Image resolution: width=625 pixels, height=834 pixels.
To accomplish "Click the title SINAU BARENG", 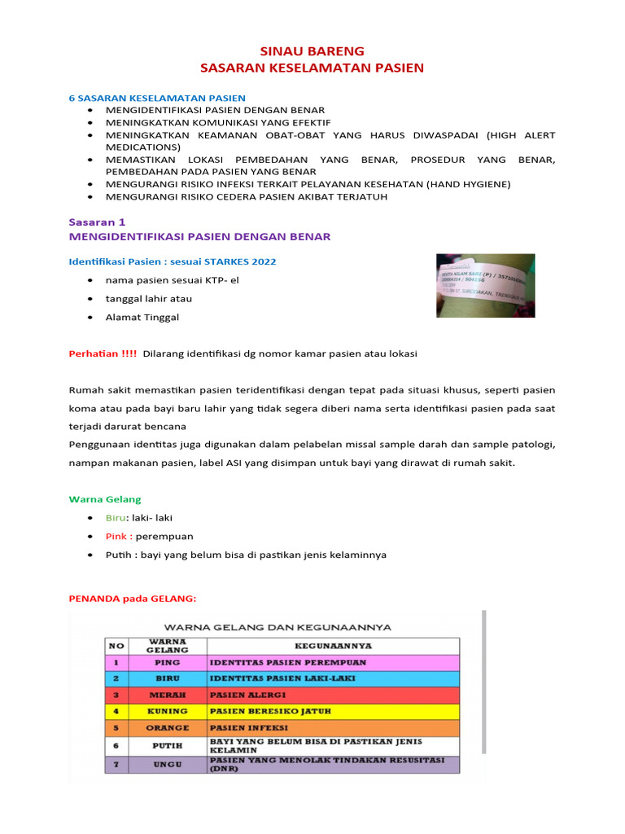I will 312,50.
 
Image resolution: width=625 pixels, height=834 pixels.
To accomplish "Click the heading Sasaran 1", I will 97,221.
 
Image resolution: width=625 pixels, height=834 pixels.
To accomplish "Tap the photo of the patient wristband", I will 485,285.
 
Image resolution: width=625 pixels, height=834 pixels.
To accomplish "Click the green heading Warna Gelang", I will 105,499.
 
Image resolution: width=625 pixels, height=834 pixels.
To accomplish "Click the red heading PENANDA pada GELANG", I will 132,599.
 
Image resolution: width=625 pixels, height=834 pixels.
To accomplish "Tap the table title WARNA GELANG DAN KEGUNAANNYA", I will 278,627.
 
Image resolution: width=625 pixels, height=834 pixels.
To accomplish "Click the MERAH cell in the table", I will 167,695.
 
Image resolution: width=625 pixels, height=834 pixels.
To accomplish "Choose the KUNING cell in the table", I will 167,711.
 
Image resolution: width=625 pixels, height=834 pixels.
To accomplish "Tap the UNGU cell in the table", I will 167,765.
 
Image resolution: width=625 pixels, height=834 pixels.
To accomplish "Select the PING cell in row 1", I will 167,662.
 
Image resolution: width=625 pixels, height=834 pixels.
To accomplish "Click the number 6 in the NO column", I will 116,745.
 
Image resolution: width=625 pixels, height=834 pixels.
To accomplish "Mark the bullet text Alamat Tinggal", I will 142,317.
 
